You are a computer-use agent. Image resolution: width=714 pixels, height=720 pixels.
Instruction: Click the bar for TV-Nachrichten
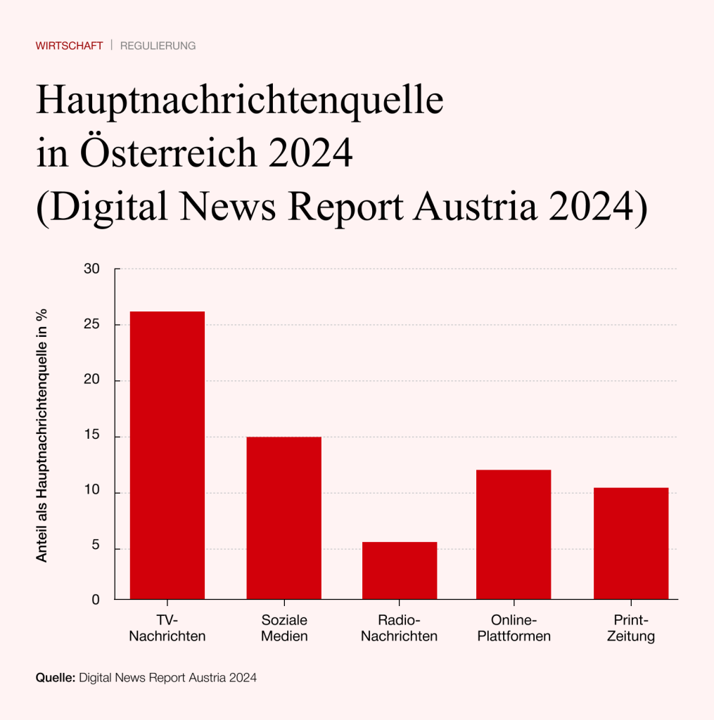point(167,455)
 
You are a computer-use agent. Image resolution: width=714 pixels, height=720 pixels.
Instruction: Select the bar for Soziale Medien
point(283,517)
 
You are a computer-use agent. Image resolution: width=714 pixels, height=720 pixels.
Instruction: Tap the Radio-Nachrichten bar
point(400,570)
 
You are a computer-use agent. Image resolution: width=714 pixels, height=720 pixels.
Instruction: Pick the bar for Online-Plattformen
point(514,534)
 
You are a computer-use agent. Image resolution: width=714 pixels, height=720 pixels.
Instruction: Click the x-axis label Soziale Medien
point(284,629)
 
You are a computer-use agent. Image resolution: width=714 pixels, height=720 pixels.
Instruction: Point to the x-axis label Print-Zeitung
point(630,629)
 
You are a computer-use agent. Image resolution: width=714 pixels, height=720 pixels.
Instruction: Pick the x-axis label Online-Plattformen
point(514,629)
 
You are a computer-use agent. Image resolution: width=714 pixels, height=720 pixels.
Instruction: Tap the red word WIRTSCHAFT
point(69,46)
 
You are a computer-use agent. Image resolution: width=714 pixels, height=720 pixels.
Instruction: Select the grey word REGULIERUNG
point(158,46)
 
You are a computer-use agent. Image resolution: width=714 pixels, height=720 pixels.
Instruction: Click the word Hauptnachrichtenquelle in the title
point(240,101)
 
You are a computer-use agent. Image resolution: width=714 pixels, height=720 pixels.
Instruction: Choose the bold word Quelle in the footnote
point(54,679)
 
